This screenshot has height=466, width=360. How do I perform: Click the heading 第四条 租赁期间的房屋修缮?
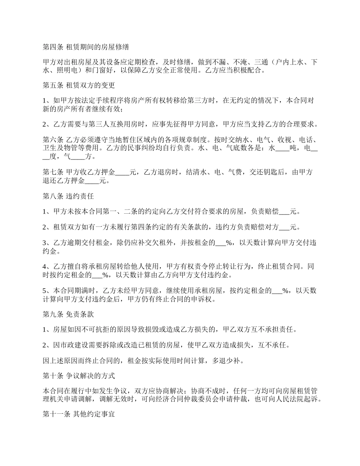coord(85,47)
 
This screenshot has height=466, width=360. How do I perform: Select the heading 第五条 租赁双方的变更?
coord(78,85)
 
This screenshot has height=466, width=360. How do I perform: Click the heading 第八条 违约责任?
coord(68,197)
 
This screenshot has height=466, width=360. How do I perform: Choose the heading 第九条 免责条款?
coord(68,314)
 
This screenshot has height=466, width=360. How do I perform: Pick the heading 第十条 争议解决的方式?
coord(78,376)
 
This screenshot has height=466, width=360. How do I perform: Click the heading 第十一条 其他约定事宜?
coord(78,415)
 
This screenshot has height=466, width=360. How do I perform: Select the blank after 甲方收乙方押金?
coord(122,172)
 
